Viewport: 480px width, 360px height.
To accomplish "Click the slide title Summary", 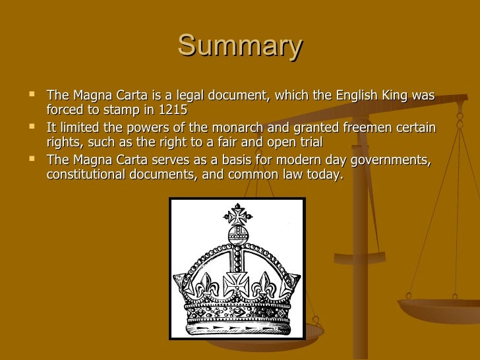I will pos(240,46).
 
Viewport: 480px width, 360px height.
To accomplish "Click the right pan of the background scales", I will pos(438,309).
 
